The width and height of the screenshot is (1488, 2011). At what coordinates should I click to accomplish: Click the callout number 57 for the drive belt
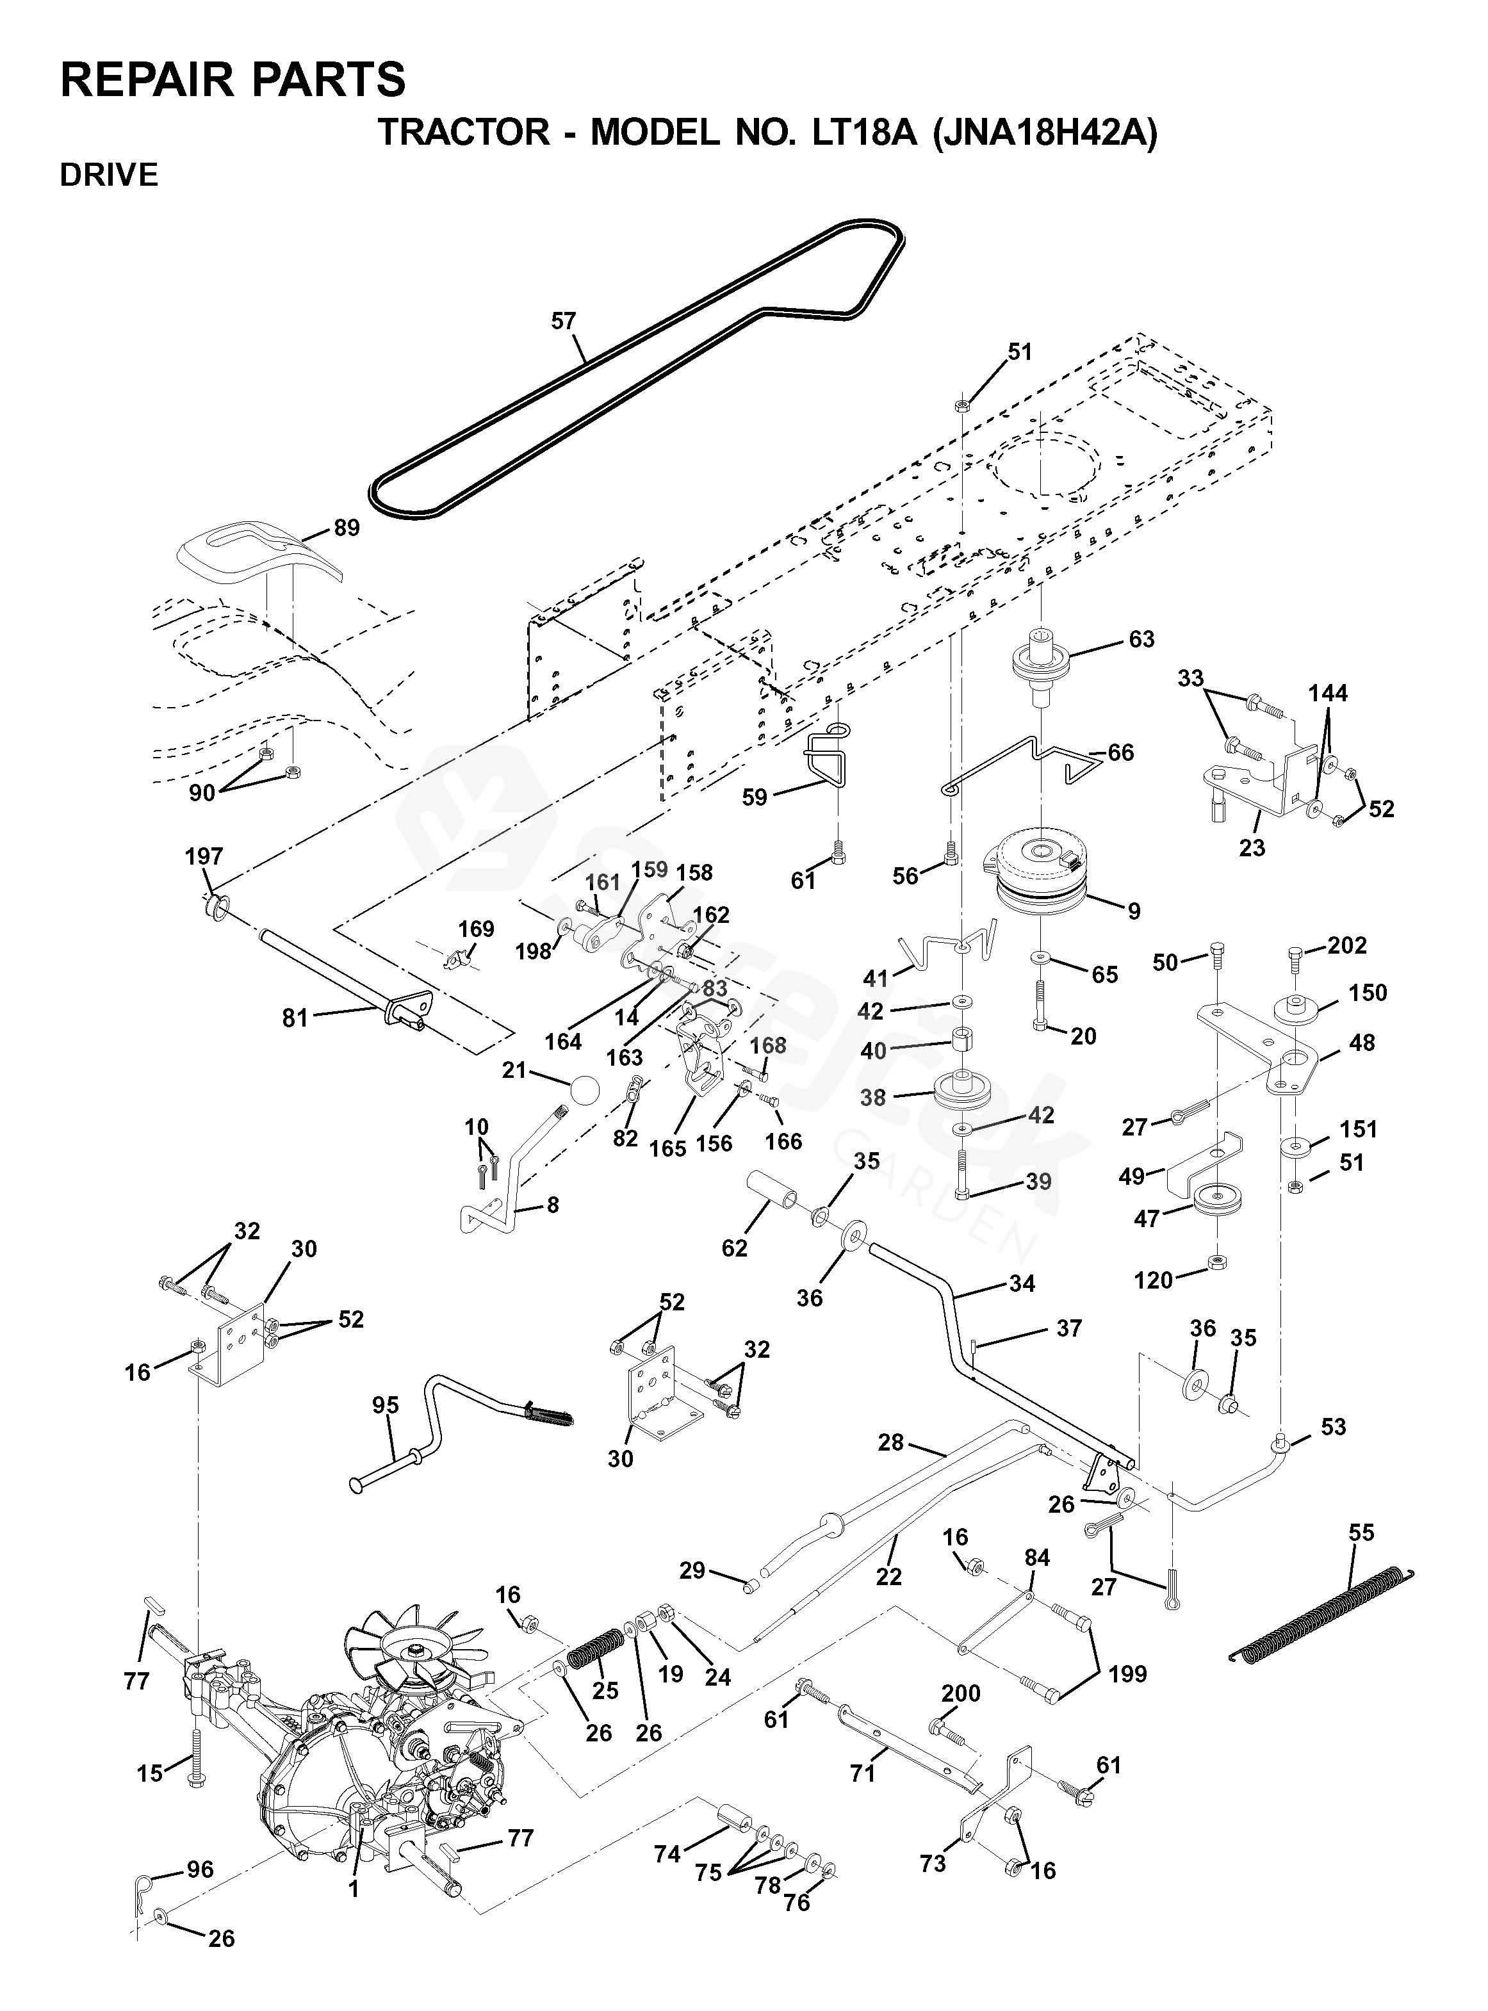(x=563, y=321)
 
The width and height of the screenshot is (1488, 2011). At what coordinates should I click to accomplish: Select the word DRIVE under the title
(x=109, y=175)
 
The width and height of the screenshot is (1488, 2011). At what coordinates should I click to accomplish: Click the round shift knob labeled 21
(x=584, y=1091)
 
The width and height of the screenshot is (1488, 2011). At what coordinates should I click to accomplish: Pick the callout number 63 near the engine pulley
(x=1141, y=639)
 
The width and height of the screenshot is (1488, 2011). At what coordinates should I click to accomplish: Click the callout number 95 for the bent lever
(x=386, y=1405)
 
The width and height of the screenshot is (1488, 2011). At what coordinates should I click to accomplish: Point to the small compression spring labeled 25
(x=597, y=1652)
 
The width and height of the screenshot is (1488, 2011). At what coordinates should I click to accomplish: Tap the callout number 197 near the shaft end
(x=204, y=856)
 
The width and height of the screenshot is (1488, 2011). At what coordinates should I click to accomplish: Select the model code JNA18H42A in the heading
(x=1044, y=133)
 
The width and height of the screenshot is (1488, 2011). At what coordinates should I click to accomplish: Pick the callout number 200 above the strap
(x=960, y=1693)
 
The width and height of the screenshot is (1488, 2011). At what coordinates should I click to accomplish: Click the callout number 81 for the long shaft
(x=295, y=1018)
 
